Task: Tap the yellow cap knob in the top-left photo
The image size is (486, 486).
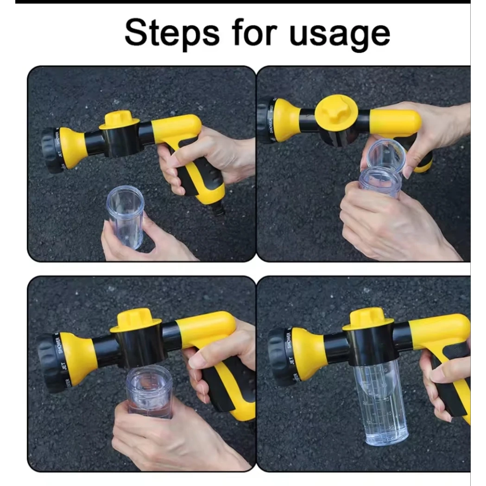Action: tap(119, 119)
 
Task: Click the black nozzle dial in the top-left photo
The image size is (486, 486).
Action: tap(50, 150)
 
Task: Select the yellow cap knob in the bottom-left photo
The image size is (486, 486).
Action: tap(135, 320)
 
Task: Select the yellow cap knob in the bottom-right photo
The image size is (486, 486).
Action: tap(367, 319)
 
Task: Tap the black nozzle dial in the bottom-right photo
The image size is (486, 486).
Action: tap(277, 357)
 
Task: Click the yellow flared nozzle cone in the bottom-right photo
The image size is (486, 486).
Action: tap(307, 354)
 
